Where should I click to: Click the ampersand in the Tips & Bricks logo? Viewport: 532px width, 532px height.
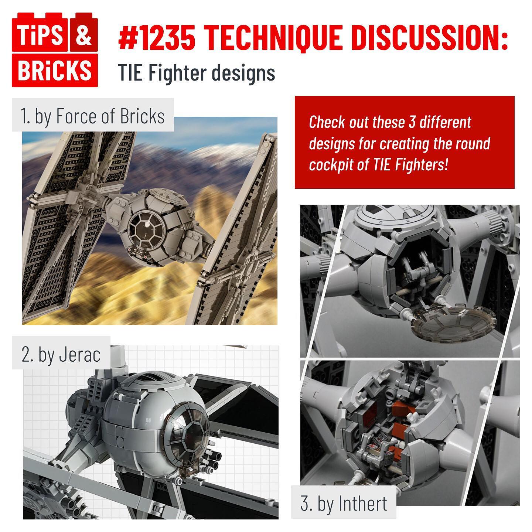click(x=83, y=36)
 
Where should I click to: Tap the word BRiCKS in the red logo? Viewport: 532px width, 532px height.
click(x=55, y=70)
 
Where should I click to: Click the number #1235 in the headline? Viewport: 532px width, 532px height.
click(x=157, y=37)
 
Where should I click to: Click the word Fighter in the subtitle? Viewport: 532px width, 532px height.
click(x=177, y=73)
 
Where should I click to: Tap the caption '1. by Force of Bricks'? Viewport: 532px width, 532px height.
click(x=93, y=116)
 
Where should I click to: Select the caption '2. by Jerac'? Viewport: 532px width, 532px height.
click(x=61, y=355)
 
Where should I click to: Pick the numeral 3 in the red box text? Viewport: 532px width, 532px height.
click(x=412, y=122)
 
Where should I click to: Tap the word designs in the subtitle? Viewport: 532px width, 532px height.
click(x=243, y=73)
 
